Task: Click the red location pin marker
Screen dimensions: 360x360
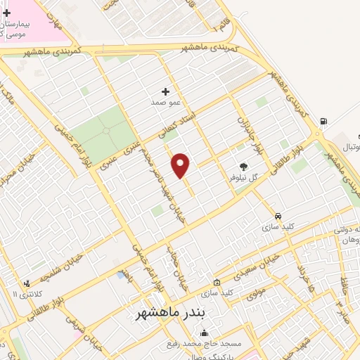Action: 181,165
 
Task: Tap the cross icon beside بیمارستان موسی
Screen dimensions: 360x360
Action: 6,13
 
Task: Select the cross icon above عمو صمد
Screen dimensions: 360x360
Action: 166,91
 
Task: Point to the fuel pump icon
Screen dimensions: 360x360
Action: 323,121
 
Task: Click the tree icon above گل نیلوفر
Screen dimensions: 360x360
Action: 243,167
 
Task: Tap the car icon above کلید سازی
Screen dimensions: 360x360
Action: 278,216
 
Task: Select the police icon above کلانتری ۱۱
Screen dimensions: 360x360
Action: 27,283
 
